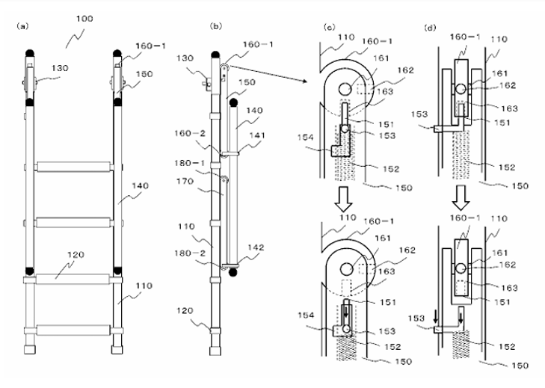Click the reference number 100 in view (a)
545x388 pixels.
coord(84,19)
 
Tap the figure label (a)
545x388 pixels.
coord(22,26)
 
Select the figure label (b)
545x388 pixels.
coord(216,26)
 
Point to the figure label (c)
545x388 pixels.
coord(329,28)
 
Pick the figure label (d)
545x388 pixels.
coord(430,28)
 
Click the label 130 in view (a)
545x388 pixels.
coord(60,68)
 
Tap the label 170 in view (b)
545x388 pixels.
coord(185,181)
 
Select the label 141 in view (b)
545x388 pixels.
coord(257,135)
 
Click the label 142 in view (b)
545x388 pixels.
coord(256,247)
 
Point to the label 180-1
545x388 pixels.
coord(190,163)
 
